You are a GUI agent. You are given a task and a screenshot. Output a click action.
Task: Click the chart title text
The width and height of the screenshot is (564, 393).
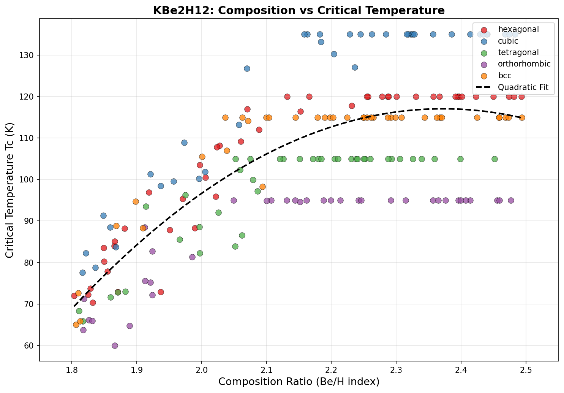(299, 10)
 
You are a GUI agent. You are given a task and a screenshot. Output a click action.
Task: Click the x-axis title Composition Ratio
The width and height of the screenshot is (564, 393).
(299, 381)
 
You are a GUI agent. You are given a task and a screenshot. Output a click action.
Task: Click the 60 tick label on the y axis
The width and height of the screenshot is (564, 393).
(30, 346)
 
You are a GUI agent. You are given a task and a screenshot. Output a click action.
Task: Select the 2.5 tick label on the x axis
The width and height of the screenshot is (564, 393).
(526, 369)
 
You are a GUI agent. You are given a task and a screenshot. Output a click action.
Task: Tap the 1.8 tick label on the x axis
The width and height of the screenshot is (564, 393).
(71, 369)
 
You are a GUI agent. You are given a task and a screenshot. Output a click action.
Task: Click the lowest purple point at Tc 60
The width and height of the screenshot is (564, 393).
(115, 345)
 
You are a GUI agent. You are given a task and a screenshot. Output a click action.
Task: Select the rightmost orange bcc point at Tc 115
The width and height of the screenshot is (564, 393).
(522, 117)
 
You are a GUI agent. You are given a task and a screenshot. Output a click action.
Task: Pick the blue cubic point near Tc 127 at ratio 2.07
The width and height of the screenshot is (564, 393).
(247, 68)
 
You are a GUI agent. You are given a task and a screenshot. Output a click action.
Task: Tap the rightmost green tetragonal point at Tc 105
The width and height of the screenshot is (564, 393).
(494, 159)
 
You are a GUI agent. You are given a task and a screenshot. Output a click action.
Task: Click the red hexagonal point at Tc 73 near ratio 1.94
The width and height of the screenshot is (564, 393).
(161, 292)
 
